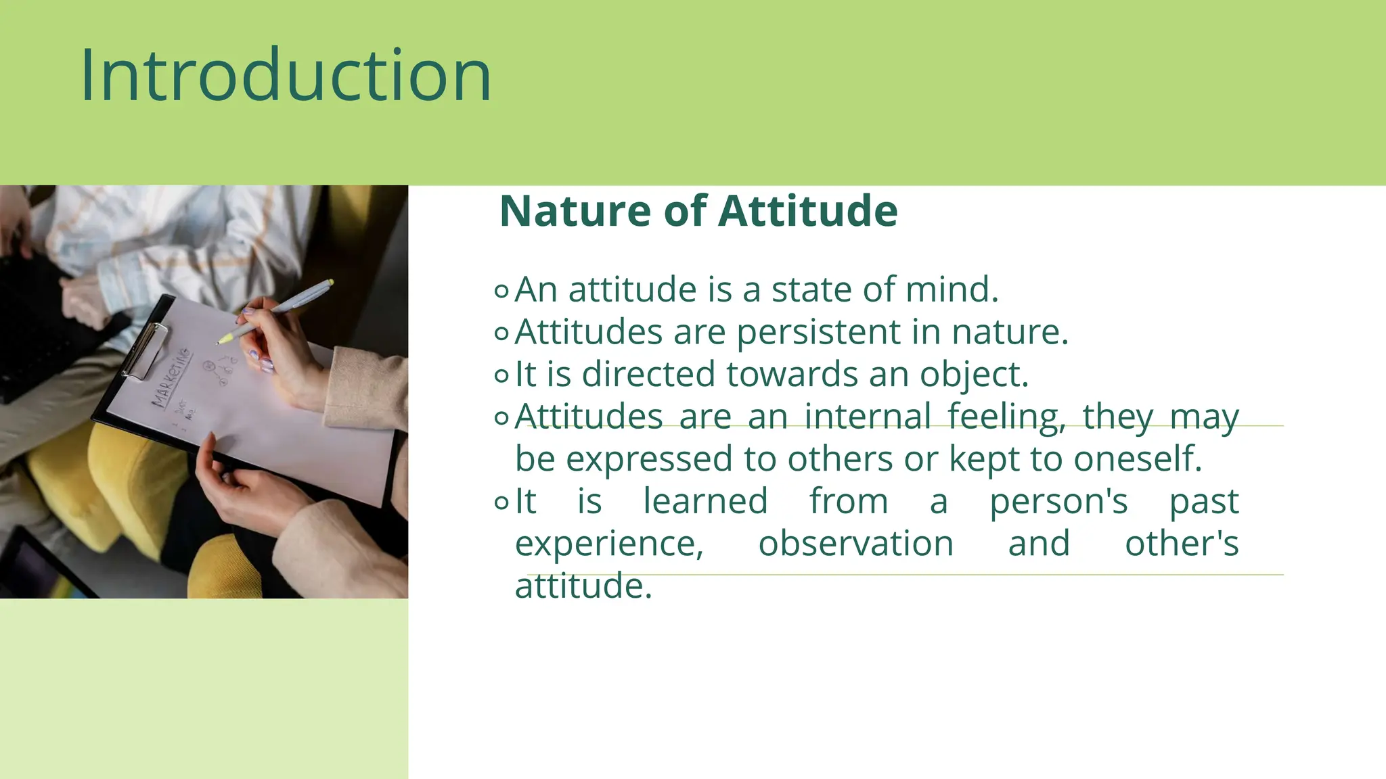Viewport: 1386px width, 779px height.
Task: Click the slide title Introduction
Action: tap(286, 76)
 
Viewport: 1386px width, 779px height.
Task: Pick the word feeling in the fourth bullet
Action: tap(1005, 417)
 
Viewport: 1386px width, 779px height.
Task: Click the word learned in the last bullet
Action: tap(705, 502)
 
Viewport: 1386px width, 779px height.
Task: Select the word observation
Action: tap(855, 544)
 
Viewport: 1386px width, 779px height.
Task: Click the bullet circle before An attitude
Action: tap(501, 291)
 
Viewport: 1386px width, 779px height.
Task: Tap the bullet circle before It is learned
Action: tap(501, 502)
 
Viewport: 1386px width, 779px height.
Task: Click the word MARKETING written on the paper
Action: tap(170, 378)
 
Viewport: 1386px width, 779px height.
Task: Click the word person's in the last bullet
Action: tap(1058, 502)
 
